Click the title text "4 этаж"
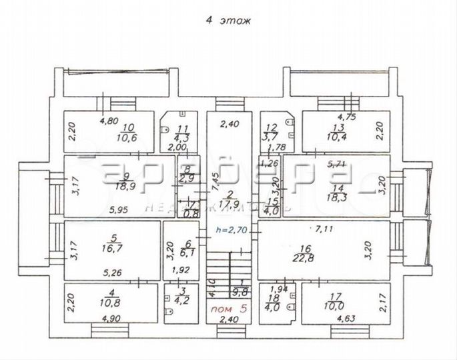pyautogui.click(x=227, y=21)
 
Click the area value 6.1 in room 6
pyautogui.click(x=188, y=254)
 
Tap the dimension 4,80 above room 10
pyautogui.click(x=109, y=121)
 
